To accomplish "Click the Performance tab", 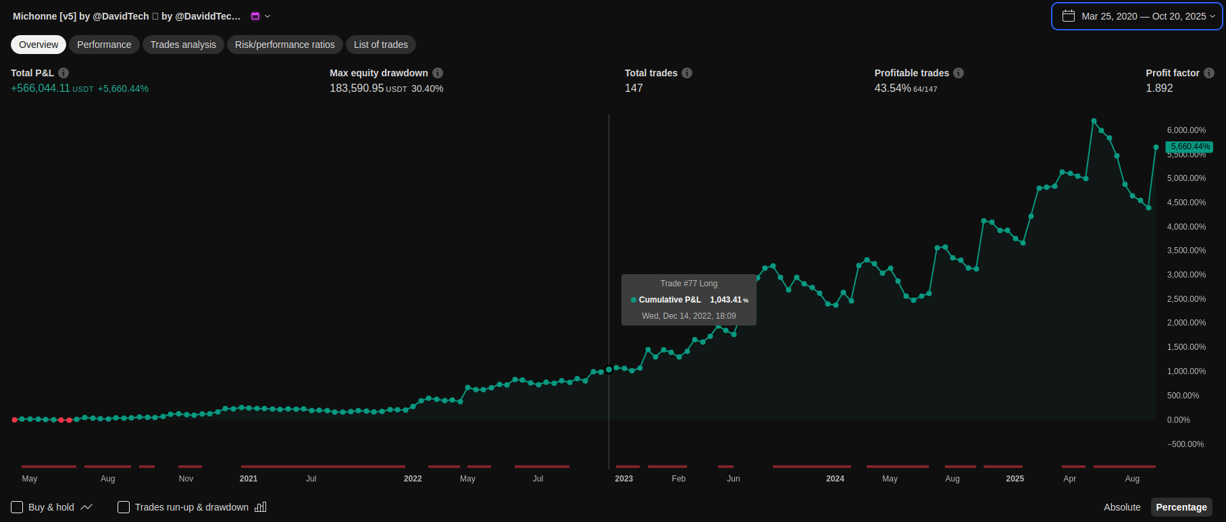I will (x=104, y=45).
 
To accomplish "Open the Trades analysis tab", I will (x=183, y=45).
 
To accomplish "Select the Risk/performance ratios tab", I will (x=284, y=45).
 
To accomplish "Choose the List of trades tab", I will (x=381, y=45).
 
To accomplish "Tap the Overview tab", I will (x=39, y=45).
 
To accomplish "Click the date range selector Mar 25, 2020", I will (x=1137, y=16).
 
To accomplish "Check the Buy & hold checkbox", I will (x=17, y=507).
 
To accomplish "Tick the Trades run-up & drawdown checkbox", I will (x=124, y=507).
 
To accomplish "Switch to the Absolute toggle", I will (x=1122, y=507).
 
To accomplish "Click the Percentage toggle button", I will (x=1181, y=507).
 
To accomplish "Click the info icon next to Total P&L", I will (x=63, y=73).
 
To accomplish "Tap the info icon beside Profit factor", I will (x=1209, y=73).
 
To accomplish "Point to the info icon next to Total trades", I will (x=687, y=73).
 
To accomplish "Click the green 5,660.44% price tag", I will (x=1190, y=147).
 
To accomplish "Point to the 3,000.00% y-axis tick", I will (x=1186, y=275).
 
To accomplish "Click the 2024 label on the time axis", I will (x=835, y=479).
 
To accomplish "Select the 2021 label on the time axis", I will (x=249, y=479).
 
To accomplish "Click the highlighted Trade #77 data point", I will (x=609, y=369).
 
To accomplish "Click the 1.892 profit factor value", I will (x=1159, y=88).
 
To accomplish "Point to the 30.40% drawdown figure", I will (x=427, y=88).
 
